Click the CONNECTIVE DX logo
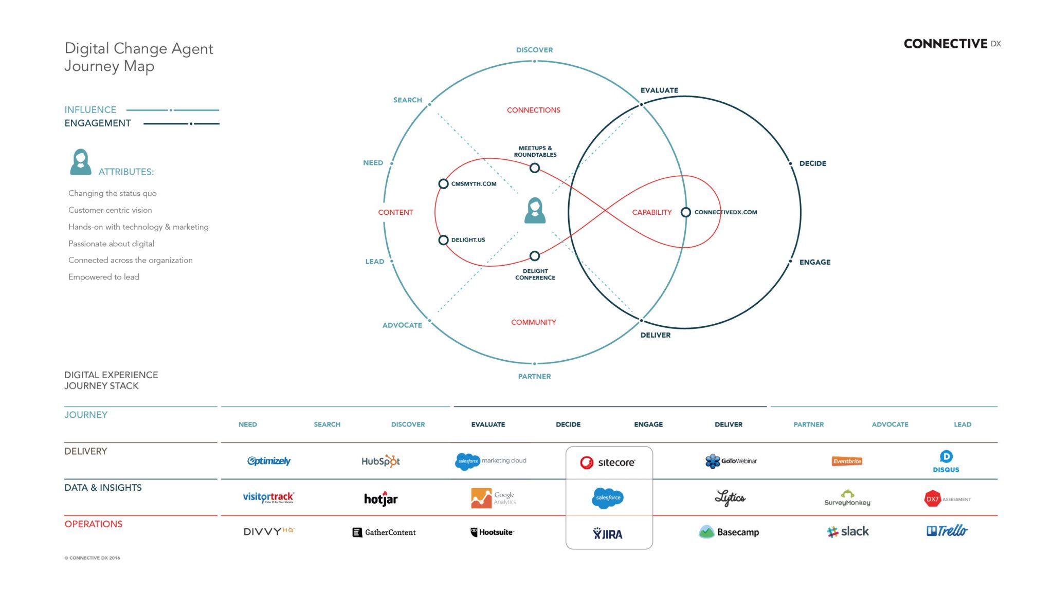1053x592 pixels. point(952,44)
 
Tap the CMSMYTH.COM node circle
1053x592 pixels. point(443,184)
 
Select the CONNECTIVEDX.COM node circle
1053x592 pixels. point(685,212)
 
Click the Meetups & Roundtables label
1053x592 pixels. point(535,151)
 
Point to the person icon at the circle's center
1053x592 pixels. point(535,211)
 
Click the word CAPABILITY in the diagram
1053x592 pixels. point(651,212)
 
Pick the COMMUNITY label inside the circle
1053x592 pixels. point(533,322)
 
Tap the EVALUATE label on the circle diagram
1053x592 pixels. point(659,90)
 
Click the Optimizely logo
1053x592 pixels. point(268,461)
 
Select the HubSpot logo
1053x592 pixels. point(380,461)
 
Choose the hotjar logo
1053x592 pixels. point(380,498)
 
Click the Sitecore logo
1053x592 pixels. point(608,462)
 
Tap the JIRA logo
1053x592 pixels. point(608,534)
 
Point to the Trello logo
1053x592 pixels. point(947,531)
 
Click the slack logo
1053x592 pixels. point(848,531)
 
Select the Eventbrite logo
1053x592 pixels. point(847,461)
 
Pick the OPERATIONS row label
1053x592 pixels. point(93,524)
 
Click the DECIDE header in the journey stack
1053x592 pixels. point(568,424)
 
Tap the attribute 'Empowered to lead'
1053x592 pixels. point(104,277)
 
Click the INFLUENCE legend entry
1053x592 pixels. point(90,110)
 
